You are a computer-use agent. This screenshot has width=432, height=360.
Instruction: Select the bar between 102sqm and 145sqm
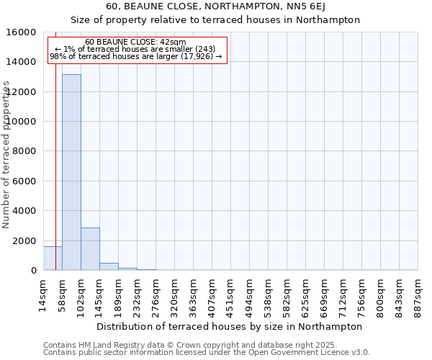pyautogui.click(x=90, y=248)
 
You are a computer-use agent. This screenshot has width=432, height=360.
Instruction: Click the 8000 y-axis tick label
pyautogui.click(x=26, y=151)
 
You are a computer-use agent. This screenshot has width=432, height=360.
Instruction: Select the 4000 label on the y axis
pyautogui.click(x=26, y=211)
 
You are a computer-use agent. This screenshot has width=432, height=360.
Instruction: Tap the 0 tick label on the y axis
pyautogui.click(x=34, y=271)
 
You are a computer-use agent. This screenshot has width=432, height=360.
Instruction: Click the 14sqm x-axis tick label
pyautogui.click(x=43, y=294)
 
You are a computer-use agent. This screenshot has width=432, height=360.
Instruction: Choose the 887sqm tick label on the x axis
pyautogui.click(x=418, y=294)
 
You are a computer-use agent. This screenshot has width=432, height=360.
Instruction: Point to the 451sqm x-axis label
pyautogui.click(x=230, y=294)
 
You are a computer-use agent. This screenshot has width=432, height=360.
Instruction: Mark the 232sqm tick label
pyautogui.click(x=137, y=294)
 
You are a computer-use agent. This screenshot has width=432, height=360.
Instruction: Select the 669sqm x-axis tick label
pyautogui.click(x=324, y=294)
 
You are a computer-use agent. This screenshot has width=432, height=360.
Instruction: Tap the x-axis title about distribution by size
pyautogui.click(x=229, y=326)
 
